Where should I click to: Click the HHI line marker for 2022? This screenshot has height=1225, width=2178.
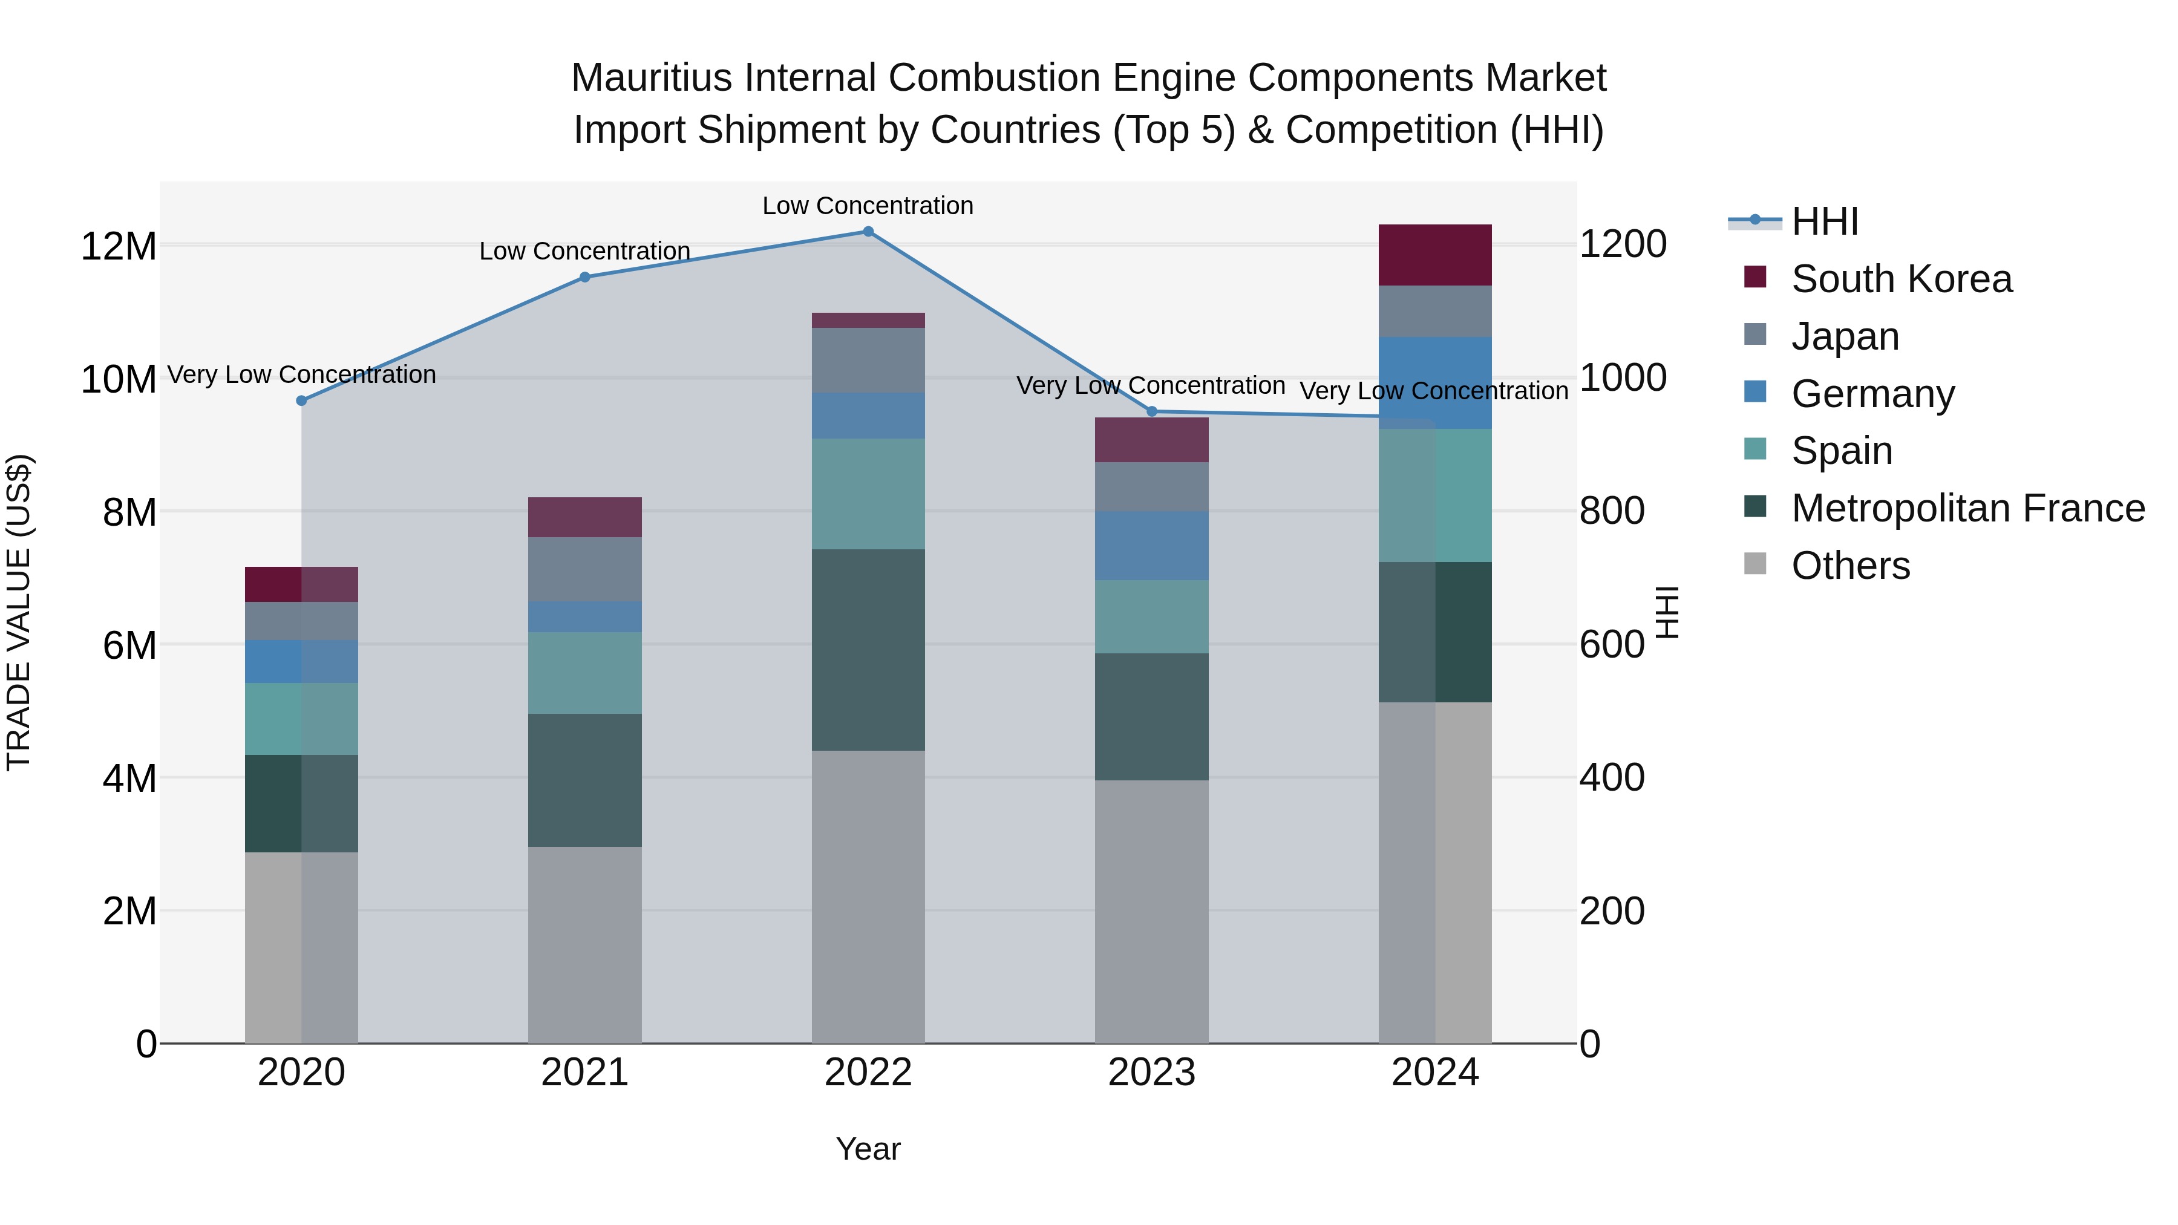click(x=868, y=232)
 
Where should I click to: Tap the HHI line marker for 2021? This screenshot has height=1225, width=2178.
click(x=584, y=277)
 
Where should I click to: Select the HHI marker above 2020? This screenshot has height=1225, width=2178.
click(x=301, y=400)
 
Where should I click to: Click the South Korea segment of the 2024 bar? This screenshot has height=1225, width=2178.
click(x=1435, y=255)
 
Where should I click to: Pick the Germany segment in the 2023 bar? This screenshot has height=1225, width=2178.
click(x=1151, y=545)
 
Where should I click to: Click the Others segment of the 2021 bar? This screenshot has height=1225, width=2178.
click(x=584, y=944)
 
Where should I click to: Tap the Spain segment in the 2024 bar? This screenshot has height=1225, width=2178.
click(x=1435, y=495)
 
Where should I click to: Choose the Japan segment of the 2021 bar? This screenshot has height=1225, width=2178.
click(x=584, y=569)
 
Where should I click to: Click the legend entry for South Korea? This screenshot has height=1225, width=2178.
click(x=1901, y=279)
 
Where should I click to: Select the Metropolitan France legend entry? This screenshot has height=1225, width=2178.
click(x=1967, y=508)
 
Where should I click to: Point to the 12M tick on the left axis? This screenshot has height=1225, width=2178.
click(x=119, y=246)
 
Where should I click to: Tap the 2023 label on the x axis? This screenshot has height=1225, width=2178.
click(x=1151, y=1073)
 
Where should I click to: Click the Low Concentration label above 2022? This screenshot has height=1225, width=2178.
click(x=868, y=206)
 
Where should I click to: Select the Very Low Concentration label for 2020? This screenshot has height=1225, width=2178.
click(x=301, y=374)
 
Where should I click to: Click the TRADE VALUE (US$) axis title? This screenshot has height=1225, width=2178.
click(x=19, y=612)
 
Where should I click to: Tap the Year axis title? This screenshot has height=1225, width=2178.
click(x=868, y=1149)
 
